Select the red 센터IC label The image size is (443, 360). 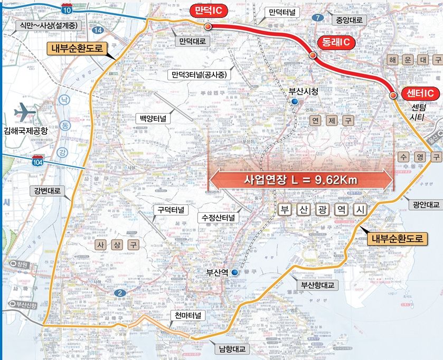(x=421, y=93)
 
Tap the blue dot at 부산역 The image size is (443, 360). (x=234, y=273)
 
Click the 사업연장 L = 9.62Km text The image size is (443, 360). (x=301, y=179)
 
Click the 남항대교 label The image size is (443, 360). (x=229, y=348)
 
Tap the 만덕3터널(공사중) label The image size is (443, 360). (x=199, y=74)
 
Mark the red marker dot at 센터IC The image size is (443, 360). (x=393, y=95)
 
